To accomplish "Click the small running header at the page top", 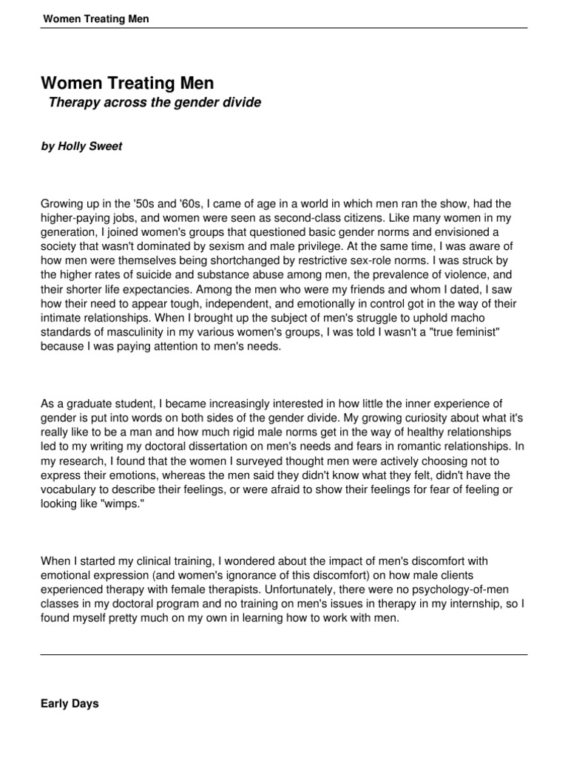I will tap(96, 18).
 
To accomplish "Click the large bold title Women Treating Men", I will tap(127, 84).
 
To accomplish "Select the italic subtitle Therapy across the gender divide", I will tap(155, 103).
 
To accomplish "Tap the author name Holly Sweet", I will tap(81, 146).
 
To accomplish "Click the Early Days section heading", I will tap(70, 705).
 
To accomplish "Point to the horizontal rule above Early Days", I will tap(284, 654).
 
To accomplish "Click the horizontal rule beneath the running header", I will tap(284, 28).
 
